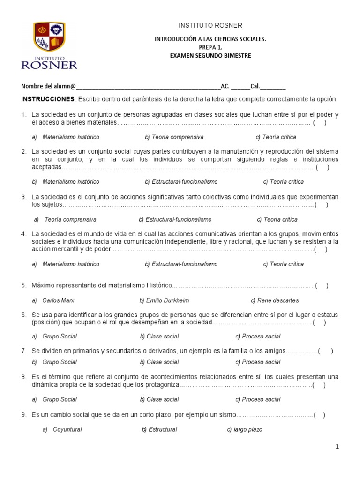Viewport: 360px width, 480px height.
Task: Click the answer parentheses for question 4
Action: pyautogui.click(x=321, y=249)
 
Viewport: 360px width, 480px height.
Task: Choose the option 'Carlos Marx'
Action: pyautogui.click(x=58, y=300)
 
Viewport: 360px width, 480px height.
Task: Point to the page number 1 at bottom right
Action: pyautogui.click(x=337, y=447)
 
